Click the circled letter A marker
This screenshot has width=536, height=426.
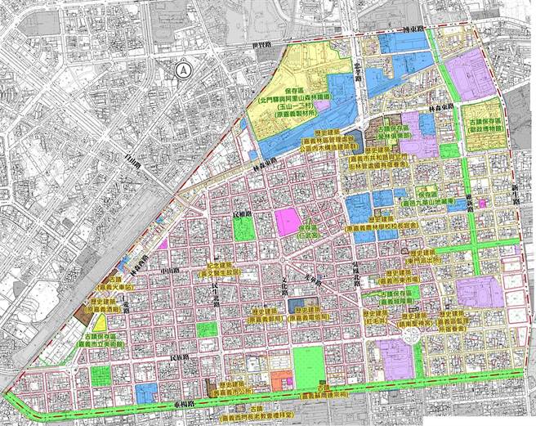coord(181,70)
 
